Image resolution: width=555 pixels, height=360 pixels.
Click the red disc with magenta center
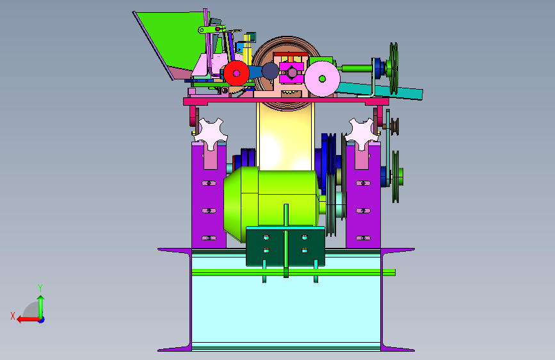click(236, 74)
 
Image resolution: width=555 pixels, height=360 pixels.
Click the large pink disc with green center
click(322, 79)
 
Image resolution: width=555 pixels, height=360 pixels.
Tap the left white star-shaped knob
click(211, 134)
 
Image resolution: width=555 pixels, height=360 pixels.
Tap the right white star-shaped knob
click(362, 134)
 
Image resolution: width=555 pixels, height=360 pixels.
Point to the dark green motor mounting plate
click(286, 247)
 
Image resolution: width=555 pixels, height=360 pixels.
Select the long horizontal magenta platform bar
click(286, 102)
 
